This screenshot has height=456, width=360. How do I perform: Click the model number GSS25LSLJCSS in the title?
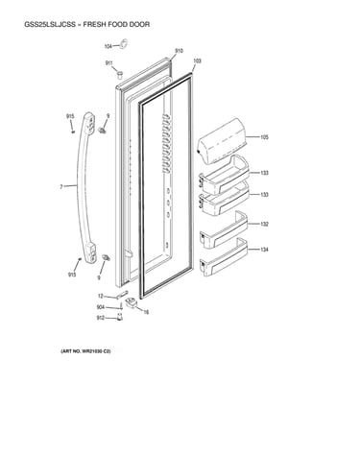tap(50, 24)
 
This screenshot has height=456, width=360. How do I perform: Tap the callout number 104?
tap(108, 46)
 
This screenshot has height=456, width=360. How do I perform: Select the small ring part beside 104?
tap(124, 43)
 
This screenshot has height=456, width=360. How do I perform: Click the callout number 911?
tap(109, 63)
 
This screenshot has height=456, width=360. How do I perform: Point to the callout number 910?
tap(179, 51)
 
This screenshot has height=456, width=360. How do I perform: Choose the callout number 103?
tap(198, 60)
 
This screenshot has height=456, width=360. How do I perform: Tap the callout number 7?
tap(61, 186)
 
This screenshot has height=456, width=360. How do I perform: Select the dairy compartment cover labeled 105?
tap(222, 140)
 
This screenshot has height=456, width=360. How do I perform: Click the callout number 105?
tap(264, 137)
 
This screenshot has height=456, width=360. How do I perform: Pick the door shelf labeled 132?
tap(224, 229)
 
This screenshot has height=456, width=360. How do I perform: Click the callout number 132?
tap(264, 224)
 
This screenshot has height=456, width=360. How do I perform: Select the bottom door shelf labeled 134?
tap(224, 256)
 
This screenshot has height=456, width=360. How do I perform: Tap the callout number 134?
tap(264, 250)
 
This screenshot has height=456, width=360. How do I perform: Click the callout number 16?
tap(146, 312)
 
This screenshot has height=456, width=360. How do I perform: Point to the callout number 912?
tap(101, 318)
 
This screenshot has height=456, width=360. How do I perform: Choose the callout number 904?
tap(101, 307)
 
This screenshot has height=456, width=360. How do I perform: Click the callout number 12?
tap(101, 296)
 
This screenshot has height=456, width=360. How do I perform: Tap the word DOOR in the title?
tap(139, 24)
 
